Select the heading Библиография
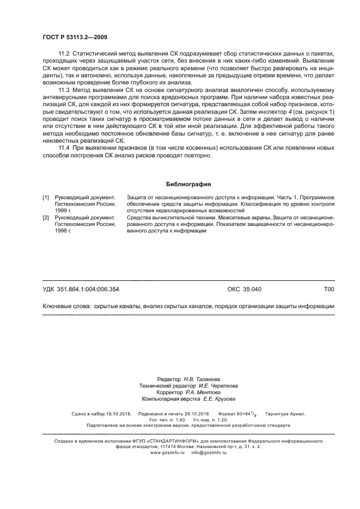(x=188, y=184)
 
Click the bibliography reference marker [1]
(x=46, y=197)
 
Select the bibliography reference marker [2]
(x=46, y=217)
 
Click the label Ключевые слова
(x=66, y=306)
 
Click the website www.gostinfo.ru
(x=167, y=452)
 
